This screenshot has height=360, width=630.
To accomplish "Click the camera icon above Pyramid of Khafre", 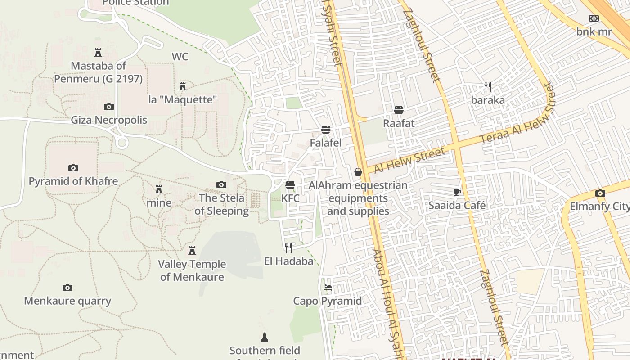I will [x=73, y=168].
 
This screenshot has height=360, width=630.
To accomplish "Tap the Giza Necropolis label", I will [x=109, y=120].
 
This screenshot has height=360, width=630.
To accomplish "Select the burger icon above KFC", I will [x=290, y=185].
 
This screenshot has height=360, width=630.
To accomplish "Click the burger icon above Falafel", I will [x=326, y=130].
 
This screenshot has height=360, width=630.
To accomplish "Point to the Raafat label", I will [x=399, y=123].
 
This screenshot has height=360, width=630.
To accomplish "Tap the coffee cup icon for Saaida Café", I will [x=457, y=193].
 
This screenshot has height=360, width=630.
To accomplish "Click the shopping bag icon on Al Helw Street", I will [x=358, y=172].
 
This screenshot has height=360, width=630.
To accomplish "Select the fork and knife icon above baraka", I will [x=488, y=86].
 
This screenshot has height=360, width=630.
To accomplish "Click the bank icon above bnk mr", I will [x=594, y=18].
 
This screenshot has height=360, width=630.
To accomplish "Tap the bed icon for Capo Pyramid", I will [x=328, y=288].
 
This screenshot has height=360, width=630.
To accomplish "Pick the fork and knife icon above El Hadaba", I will [x=288, y=247].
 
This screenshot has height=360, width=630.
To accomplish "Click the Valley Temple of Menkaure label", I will [x=192, y=270].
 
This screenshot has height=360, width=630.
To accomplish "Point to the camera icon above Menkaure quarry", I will [x=67, y=288].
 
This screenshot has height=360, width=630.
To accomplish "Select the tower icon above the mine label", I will [x=158, y=189].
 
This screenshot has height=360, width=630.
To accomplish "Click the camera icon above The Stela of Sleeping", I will [x=221, y=184].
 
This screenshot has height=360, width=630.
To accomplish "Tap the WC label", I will [x=180, y=57].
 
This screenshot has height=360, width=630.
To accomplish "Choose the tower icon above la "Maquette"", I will [x=183, y=86].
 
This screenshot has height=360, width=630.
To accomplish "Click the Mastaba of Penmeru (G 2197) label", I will [x=99, y=72].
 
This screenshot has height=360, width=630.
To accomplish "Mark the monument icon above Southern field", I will [x=265, y=337].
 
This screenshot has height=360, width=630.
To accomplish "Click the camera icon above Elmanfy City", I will [x=600, y=193].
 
